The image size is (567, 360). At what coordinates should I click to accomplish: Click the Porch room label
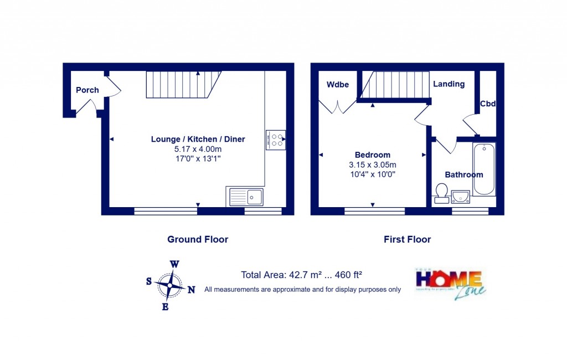coord(87,90)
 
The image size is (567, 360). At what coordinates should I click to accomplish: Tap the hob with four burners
coord(275,140)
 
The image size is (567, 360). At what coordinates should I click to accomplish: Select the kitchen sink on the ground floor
coord(247,196)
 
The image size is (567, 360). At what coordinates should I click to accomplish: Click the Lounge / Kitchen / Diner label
coord(198,139)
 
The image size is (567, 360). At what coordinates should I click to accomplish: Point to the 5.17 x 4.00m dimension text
coord(198,149)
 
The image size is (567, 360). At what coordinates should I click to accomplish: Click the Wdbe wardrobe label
coord(337,85)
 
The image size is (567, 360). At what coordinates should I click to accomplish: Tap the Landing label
coord(449,84)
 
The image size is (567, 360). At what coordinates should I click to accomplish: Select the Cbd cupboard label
coord(488,104)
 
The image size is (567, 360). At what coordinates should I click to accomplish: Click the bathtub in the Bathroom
coord(484,169)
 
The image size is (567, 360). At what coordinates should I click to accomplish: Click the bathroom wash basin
coord(460,197)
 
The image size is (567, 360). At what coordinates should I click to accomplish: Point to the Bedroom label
coord(372,155)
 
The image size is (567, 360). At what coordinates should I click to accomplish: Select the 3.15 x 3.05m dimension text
coord(372,164)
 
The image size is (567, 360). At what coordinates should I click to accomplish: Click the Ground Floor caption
coord(198,239)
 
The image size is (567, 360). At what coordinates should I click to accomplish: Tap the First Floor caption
coord(407,239)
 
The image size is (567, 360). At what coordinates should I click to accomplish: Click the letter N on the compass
coord(192,290)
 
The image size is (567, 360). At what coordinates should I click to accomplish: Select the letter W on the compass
coord(174,264)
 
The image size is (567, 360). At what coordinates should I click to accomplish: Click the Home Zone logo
coord(450,284)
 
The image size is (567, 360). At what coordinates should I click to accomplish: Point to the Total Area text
coord(301,275)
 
